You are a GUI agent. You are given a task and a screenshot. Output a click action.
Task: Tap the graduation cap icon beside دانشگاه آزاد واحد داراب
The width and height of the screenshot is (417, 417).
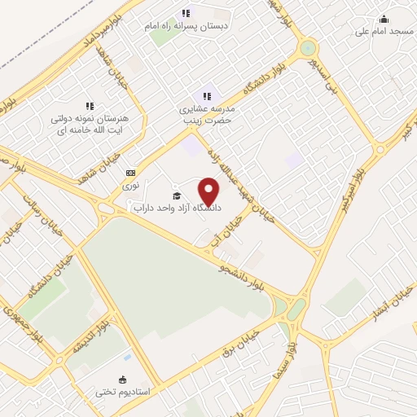pyautogui.click(x=177, y=195)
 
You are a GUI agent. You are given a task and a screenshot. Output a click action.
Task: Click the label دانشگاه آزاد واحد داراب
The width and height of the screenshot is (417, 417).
pyautogui.click(x=177, y=208)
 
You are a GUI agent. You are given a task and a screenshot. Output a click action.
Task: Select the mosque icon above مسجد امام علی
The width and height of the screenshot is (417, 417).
pyautogui.click(x=384, y=20)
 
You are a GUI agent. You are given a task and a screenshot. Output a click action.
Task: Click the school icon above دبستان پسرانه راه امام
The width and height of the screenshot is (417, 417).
pyautogui.click(x=186, y=13)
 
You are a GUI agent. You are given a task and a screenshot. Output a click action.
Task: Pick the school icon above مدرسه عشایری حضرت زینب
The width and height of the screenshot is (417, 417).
pyautogui.click(x=207, y=96)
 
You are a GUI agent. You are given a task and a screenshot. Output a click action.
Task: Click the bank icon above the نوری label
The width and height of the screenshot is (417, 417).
pyautogui.click(x=130, y=173)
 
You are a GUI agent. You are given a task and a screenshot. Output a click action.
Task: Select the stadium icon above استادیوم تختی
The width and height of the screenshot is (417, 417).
pyautogui.click(x=122, y=379)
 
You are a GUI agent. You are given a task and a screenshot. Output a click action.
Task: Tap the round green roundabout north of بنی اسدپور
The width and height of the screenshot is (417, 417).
pyautogui.click(x=308, y=48)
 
